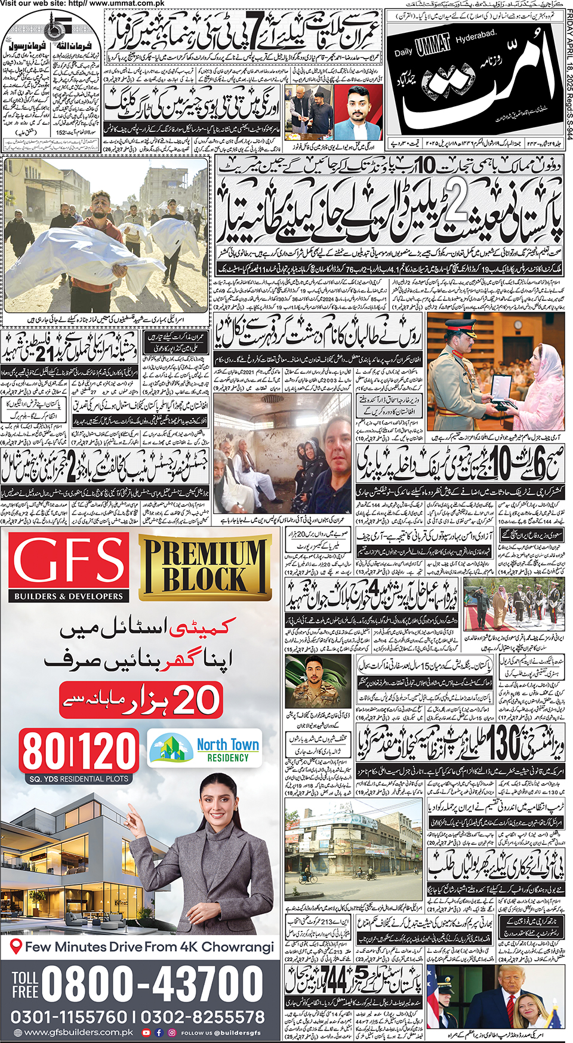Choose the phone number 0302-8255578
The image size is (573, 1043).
[203, 1017]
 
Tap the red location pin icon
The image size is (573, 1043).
[17, 946]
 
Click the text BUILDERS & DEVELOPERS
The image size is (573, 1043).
[69, 596]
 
